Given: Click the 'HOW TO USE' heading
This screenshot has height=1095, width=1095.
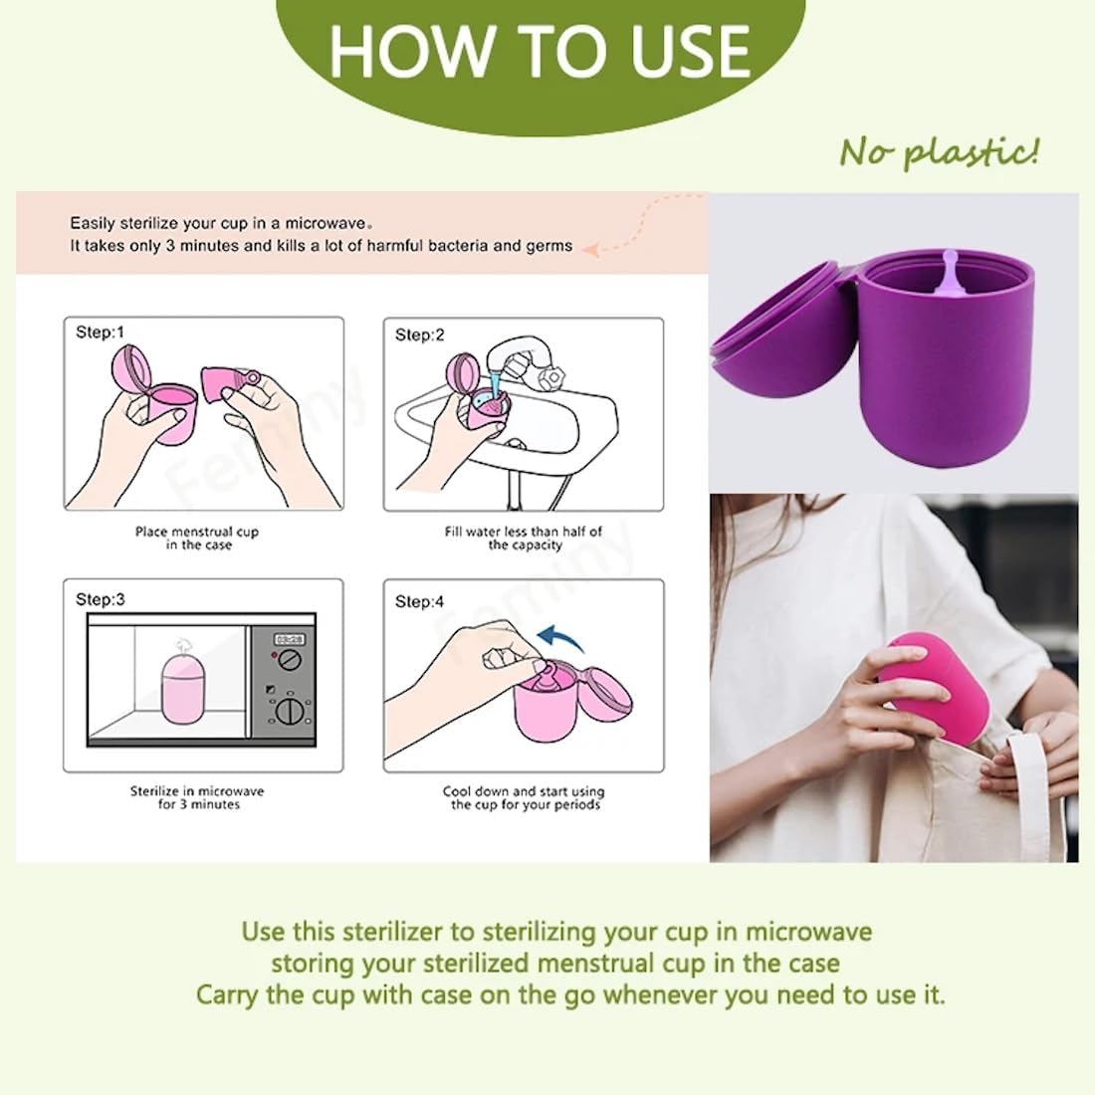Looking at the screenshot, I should tap(540, 51).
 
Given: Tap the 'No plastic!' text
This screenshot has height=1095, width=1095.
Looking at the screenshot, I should tap(939, 152).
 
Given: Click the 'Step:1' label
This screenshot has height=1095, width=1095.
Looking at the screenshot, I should tap(100, 332).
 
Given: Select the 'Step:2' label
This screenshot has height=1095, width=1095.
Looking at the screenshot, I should tap(419, 335).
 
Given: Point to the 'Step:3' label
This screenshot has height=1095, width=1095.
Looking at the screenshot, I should tap(100, 600).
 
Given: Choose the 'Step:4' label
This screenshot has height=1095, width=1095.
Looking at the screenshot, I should tap(419, 601).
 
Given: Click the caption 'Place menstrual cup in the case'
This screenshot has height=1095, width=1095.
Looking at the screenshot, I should tap(197, 539).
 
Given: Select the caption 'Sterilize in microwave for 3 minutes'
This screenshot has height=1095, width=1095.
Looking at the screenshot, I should tap(197, 797).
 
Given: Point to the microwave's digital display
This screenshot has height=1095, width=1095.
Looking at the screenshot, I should tap(289, 639).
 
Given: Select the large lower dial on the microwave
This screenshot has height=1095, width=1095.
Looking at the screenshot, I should tap(290, 711).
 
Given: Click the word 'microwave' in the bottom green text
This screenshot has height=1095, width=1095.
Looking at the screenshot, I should tap(808, 932).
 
